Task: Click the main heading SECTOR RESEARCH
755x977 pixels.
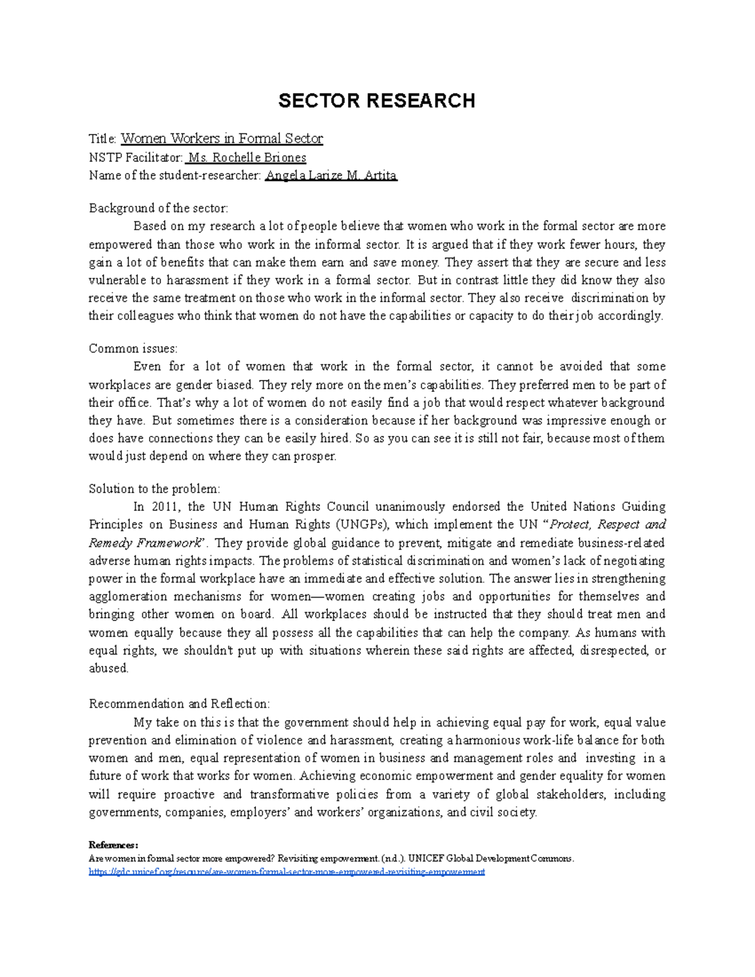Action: pyautogui.click(x=376, y=101)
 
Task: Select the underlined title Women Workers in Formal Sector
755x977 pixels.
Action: pyautogui.click(x=221, y=138)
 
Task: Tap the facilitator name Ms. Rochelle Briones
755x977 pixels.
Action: pyautogui.click(x=247, y=157)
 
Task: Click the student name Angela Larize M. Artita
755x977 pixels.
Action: pyautogui.click(x=331, y=176)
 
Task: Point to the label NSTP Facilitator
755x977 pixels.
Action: pyautogui.click(x=135, y=157)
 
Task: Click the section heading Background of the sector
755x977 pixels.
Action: pyautogui.click(x=158, y=208)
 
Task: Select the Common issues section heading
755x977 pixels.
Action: pyautogui.click(x=133, y=349)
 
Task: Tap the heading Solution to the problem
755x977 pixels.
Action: pyautogui.click(x=154, y=489)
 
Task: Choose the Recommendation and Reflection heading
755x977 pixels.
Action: pyautogui.click(x=179, y=704)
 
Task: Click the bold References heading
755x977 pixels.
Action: pyautogui.click(x=113, y=845)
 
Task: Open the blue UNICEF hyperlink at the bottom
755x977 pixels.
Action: pyautogui.click(x=287, y=872)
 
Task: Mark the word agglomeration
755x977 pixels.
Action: pyautogui.click(x=127, y=596)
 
